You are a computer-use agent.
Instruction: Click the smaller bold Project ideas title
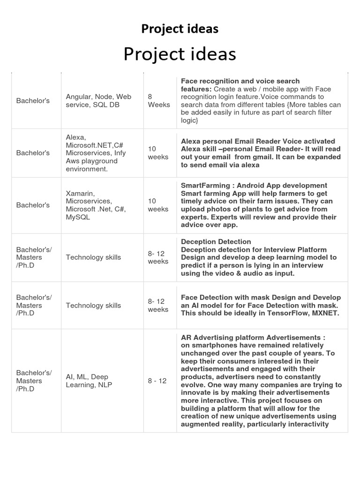(180, 29)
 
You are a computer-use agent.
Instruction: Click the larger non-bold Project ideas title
(180, 54)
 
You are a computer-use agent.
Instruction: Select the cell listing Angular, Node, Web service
(98, 101)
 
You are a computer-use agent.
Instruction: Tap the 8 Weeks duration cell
(158, 101)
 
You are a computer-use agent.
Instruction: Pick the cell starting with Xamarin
(96, 205)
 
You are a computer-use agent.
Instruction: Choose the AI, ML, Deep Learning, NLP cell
(87, 381)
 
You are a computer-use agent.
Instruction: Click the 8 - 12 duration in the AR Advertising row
(157, 381)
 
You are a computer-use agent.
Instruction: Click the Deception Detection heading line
(216, 242)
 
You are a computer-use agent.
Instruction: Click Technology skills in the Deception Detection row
(93, 257)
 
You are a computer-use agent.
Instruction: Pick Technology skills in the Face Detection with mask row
(93, 306)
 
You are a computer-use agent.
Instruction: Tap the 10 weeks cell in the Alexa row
(158, 153)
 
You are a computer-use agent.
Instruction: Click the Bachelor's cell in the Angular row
(33, 101)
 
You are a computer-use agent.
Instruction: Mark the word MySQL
(78, 217)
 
